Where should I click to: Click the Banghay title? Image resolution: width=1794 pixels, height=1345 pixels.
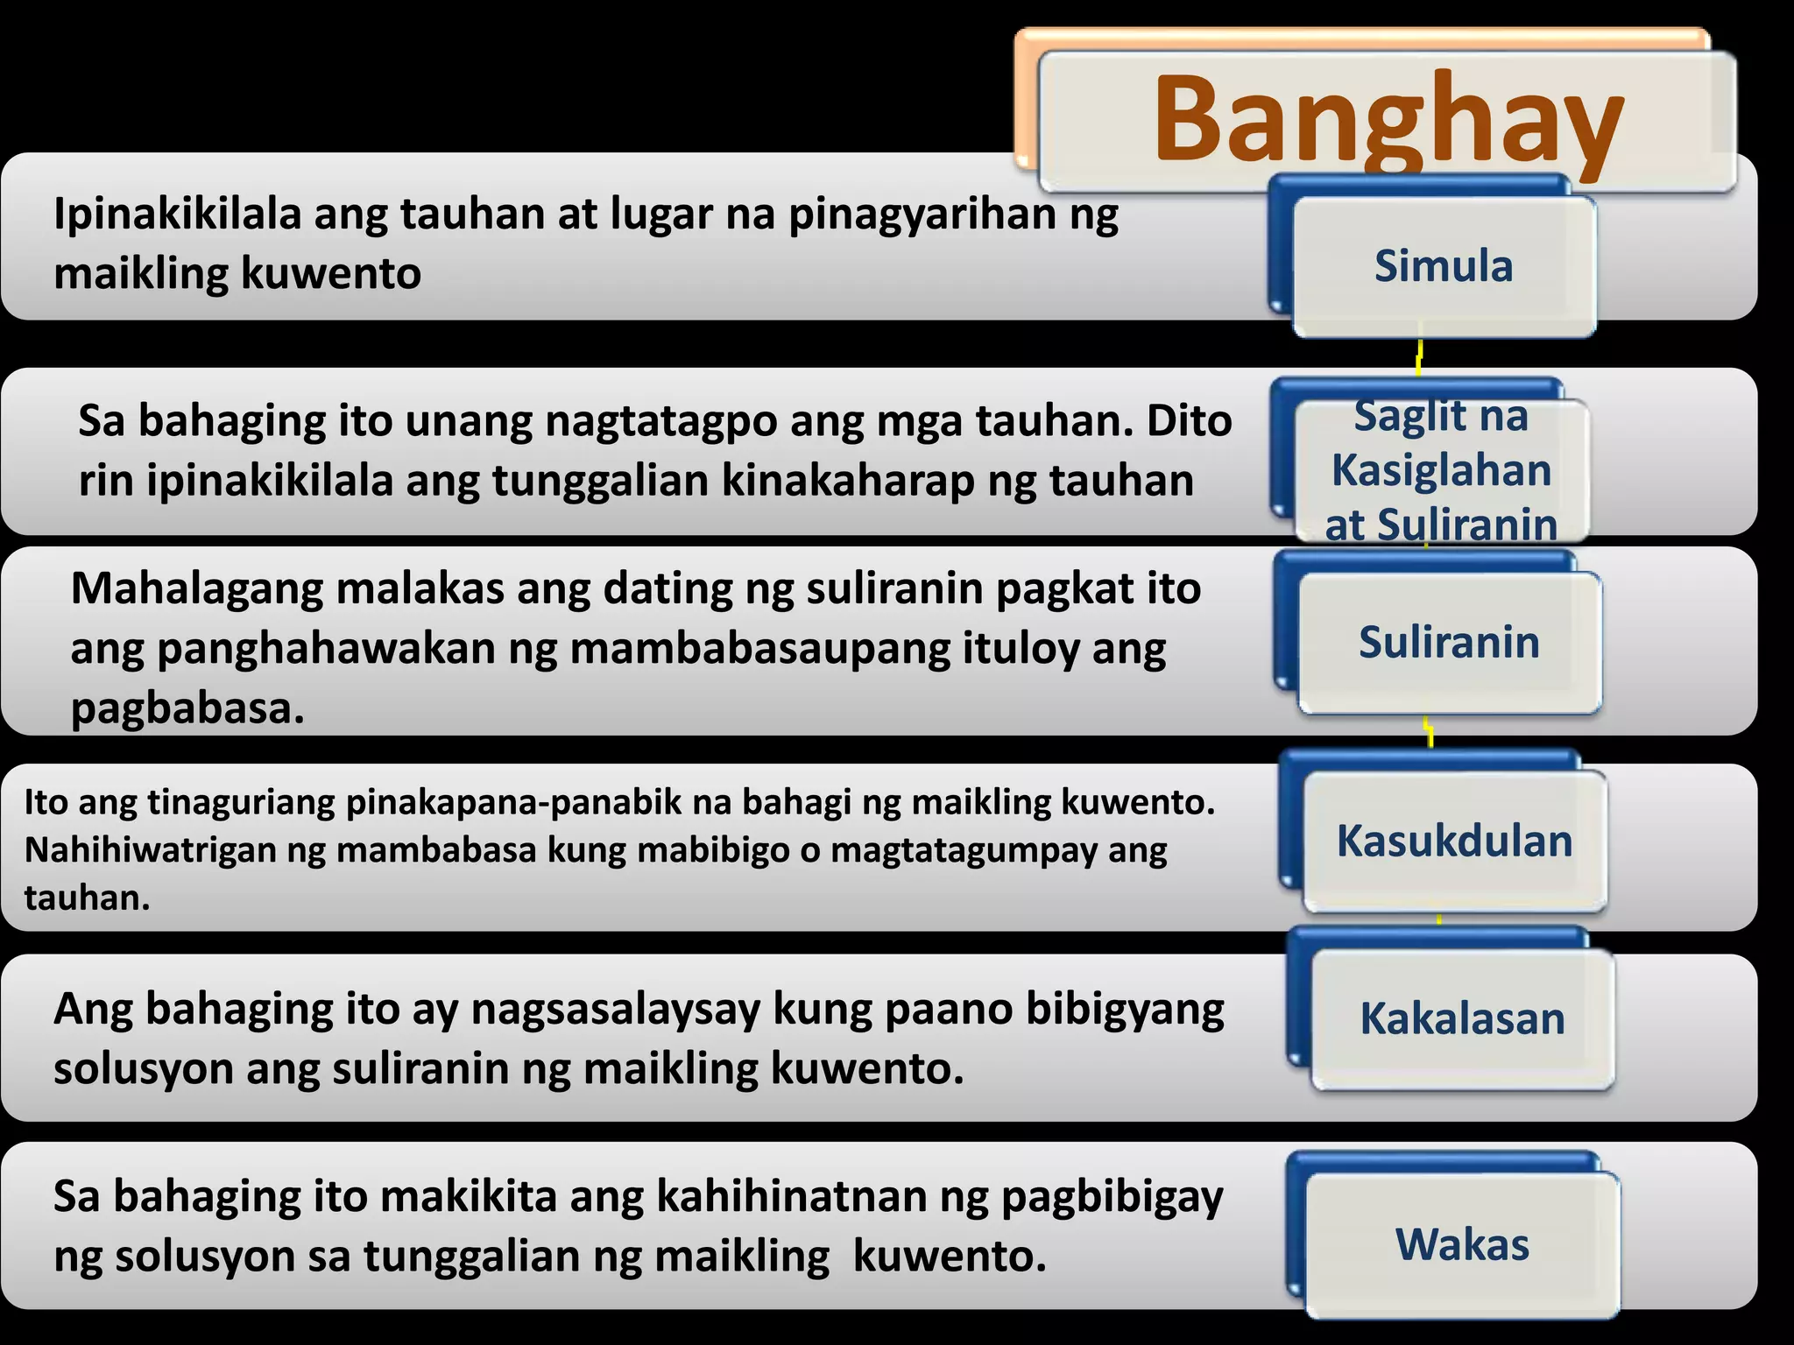tap(1388, 120)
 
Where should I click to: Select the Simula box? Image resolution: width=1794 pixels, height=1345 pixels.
tap(1444, 266)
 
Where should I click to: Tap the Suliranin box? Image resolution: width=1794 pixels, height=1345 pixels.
tap(1449, 642)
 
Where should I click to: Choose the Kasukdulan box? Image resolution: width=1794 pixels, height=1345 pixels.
tap(1454, 841)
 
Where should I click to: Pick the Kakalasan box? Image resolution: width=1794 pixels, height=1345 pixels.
tap(1462, 1018)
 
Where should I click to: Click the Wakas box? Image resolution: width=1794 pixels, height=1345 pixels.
tap(1462, 1244)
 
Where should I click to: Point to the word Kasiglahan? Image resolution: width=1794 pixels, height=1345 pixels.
tap(1441, 470)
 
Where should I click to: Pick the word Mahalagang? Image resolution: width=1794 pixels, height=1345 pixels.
tap(194, 589)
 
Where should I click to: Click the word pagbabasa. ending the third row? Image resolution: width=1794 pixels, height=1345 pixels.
tap(187, 708)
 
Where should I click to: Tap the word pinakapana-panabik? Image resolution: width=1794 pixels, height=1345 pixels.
tap(490, 802)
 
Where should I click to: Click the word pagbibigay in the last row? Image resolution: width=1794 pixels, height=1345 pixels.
tap(1112, 1197)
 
